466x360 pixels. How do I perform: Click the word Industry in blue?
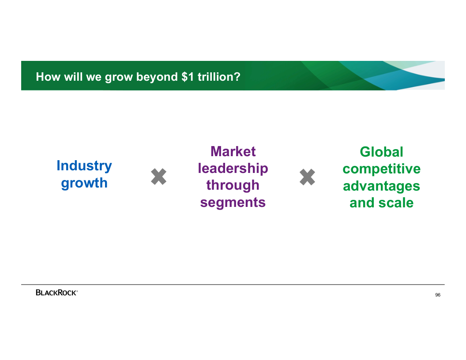pyautogui.click(x=84, y=166)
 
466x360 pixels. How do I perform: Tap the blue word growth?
pyautogui.click(x=84, y=183)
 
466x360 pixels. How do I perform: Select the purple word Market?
pyautogui.click(x=233, y=151)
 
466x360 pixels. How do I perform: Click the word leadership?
pyautogui.click(x=233, y=169)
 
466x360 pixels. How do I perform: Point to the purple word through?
pyautogui.click(x=233, y=185)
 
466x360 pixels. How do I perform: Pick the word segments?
pyautogui.click(x=233, y=202)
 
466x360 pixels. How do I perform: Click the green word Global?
pyautogui.click(x=382, y=152)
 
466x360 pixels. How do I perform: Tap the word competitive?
pyautogui.click(x=382, y=169)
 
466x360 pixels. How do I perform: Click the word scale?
pyautogui.click(x=396, y=203)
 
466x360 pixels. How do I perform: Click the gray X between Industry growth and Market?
pyautogui.click(x=159, y=177)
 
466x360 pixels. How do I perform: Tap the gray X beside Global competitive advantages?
pyautogui.click(x=307, y=177)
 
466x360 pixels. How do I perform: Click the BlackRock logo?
pyautogui.click(x=57, y=292)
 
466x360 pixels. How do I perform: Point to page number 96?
pyautogui.click(x=438, y=295)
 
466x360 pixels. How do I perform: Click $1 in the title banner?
pyautogui.click(x=188, y=77)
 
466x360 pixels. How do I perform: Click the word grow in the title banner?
pyautogui.click(x=119, y=78)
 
